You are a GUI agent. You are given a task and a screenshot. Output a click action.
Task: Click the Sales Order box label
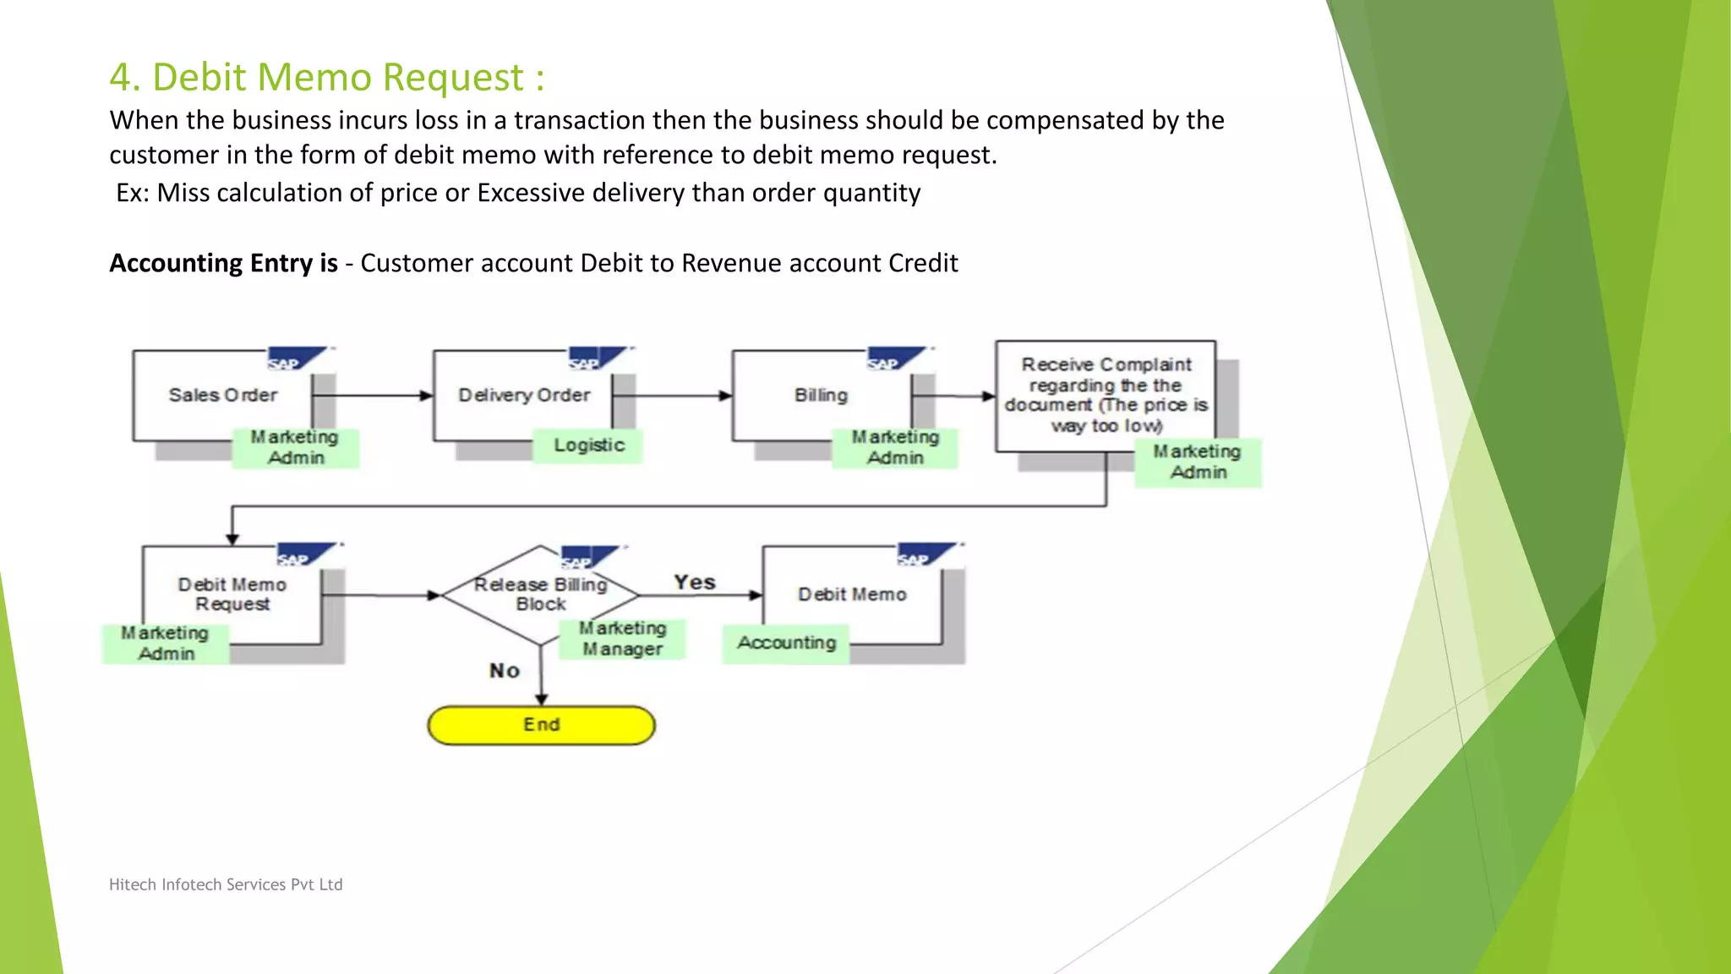223,395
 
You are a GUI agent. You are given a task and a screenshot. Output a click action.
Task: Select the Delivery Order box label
524,395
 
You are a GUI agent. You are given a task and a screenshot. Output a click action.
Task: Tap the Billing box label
821,395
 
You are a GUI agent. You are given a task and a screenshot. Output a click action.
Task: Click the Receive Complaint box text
1106,395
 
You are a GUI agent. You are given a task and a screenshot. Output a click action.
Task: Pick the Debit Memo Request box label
232,594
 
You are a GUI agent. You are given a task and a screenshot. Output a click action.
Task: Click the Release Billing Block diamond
540,594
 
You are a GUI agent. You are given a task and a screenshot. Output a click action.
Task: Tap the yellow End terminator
541,725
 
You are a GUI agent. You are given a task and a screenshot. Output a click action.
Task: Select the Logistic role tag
588,446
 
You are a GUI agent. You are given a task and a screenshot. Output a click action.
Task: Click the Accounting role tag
786,643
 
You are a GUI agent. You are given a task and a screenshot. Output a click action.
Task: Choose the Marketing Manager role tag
622,639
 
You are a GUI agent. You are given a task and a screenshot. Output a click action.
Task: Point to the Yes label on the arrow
695,583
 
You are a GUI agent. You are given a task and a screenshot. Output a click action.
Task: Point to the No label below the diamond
505,671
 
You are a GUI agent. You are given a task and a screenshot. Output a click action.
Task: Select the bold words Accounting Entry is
223,263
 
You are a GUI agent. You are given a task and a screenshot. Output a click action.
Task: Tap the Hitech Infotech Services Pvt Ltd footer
226,884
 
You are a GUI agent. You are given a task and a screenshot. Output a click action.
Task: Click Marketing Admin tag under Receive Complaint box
1198,462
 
